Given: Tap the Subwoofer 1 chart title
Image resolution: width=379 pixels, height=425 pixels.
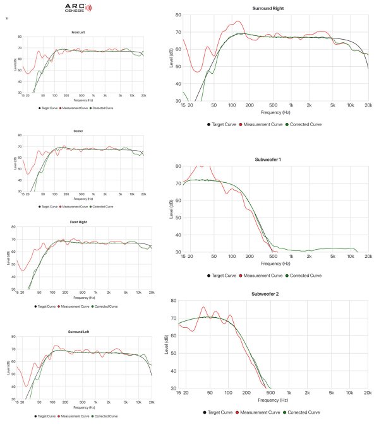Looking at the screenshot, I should (x=275, y=159).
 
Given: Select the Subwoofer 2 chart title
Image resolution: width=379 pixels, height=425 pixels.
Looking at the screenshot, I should (x=275, y=294).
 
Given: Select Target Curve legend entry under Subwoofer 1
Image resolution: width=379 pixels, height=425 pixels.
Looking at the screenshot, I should (x=221, y=276).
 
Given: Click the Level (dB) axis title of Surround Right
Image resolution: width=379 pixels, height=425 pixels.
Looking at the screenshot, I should (x=171, y=57).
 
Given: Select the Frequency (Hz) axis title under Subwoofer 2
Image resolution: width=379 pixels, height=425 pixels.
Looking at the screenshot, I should (x=275, y=400).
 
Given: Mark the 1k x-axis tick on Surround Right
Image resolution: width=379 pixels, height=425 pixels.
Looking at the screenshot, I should (x=291, y=105).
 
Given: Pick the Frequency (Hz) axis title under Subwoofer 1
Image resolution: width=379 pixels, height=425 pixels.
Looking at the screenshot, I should (x=275, y=264).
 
